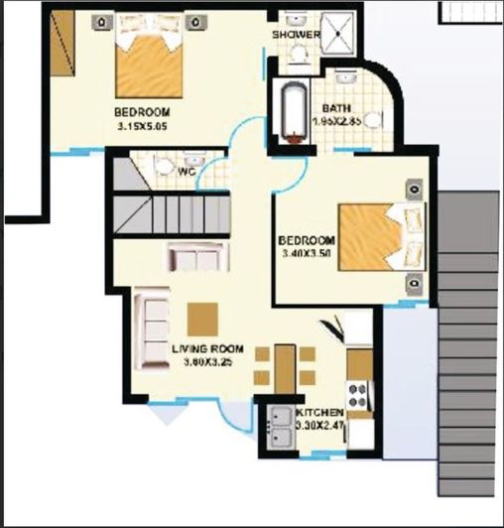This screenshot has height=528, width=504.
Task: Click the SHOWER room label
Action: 297,35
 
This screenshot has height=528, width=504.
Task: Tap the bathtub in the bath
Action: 291,117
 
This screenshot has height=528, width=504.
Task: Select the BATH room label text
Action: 333,108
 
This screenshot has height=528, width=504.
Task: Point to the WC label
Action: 186,171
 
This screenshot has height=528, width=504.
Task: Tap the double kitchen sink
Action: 279,429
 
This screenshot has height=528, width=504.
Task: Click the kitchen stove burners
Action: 358,395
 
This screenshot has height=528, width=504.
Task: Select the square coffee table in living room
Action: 202,319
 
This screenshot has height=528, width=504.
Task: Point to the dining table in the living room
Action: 285,366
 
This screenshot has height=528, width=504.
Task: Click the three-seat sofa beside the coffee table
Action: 152,329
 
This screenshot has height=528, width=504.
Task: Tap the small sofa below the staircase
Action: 197,257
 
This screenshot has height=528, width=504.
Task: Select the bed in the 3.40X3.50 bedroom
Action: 373,236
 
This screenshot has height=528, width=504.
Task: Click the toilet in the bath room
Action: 370,119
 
